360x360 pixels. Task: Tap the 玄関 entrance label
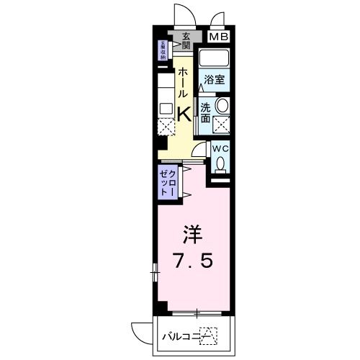pos(186,42)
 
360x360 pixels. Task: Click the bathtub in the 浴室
pos(213,58)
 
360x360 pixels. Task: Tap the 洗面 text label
pos(205,113)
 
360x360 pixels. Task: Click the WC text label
pos(220,149)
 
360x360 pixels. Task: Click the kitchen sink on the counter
pos(166,109)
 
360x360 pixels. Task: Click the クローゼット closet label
pos(168,184)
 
